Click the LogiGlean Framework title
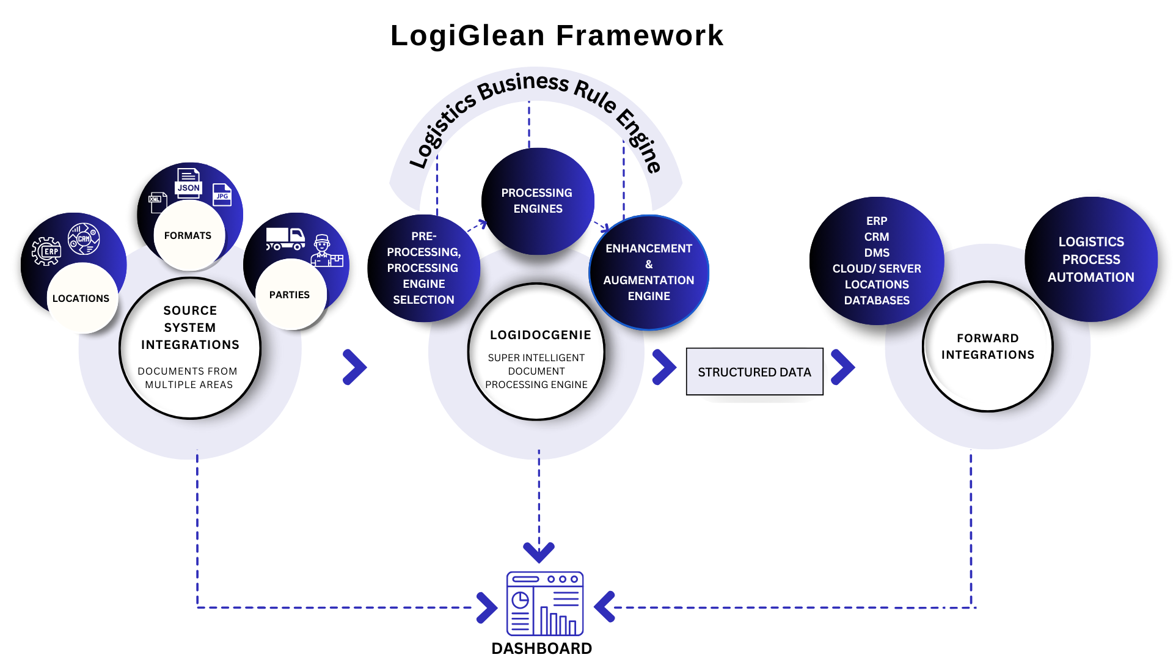tap(557, 35)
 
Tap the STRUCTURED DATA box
tap(755, 372)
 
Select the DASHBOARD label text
tap(541, 648)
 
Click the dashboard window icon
tap(545, 604)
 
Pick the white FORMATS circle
tap(189, 236)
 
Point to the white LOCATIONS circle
tap(82, 298)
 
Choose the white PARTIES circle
tap(290, 295)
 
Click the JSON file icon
tap(188, 182)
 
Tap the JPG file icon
tap(222, 194)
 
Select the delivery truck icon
tap(285, 238)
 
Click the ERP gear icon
tap(46, 251)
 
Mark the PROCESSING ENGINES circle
tap(537, 200)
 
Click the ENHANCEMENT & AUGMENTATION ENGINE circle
tap(649, 272)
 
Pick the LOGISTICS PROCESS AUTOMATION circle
tap(1091, 259)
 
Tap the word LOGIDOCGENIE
tap(541, 335)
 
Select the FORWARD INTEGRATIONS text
tap(988, 346)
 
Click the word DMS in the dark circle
tap(877, 252)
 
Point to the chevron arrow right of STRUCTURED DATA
tap(842, 367)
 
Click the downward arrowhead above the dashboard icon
tap(539, 551)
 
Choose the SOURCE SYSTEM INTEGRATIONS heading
tap(190, 328)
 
